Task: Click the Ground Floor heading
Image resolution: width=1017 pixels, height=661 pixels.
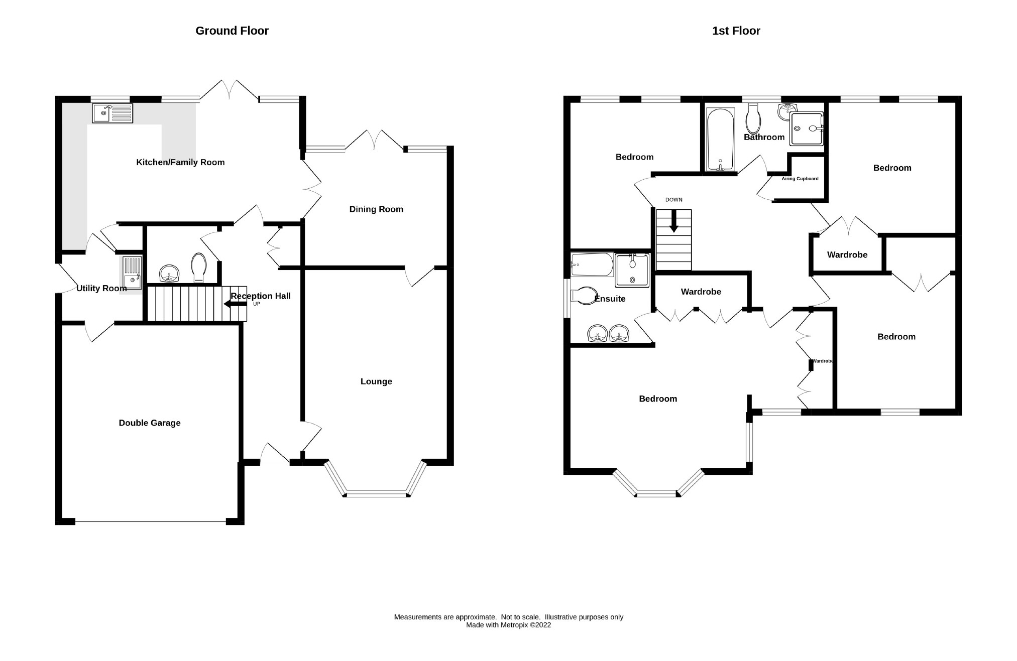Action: click(232, 31)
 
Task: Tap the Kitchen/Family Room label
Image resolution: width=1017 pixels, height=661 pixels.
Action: click(180, 162)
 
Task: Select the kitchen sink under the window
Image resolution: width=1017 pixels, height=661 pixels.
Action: click(112, 113)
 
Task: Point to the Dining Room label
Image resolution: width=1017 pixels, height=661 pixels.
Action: click(376, 209)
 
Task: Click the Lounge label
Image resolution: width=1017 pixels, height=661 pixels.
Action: click(376, 381)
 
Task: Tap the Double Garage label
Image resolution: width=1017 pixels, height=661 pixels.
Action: click(149, 423)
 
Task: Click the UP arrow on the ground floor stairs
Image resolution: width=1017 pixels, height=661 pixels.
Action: click(235, 304)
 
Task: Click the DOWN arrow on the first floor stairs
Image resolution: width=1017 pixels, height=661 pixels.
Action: click(673, 221)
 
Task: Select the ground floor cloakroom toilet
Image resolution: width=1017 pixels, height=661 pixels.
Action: click(199, 268)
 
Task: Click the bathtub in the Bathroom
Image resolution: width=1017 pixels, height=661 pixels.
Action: click(720, 140)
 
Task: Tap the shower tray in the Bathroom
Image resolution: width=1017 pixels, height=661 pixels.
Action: click(806, 128)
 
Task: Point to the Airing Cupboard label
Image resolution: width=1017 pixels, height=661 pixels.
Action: click(800, 179)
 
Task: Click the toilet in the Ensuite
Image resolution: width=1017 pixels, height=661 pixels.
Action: click(583, 296)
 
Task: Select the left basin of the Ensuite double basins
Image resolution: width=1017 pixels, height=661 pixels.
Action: click(598, 333)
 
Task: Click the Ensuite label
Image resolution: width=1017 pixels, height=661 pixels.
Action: click(610, 299)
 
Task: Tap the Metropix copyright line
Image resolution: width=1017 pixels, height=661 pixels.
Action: click(508, 625)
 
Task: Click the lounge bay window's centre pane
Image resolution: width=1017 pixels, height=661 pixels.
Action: click(376, 494)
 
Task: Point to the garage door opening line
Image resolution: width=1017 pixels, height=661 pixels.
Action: click(150, 522)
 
